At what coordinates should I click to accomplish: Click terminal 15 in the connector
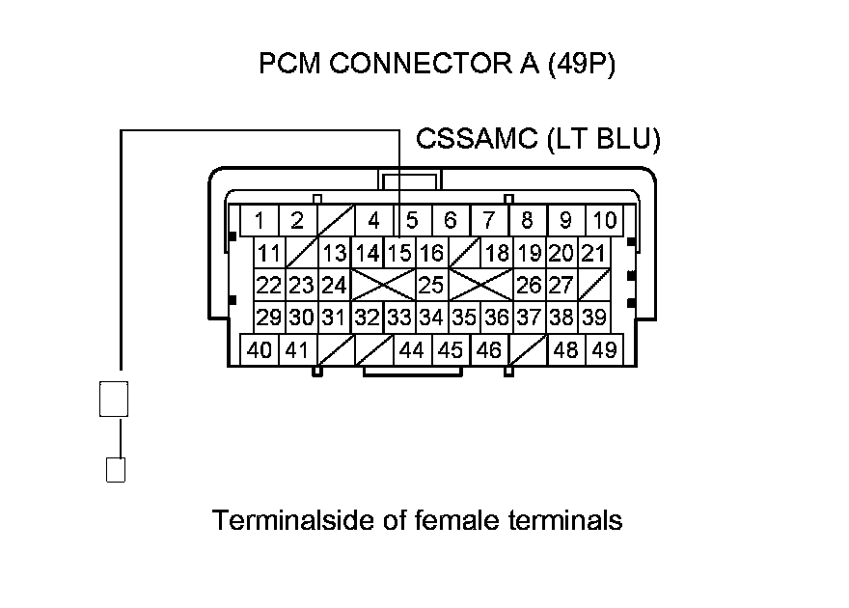(399, 255)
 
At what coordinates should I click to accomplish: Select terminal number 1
(259, 221)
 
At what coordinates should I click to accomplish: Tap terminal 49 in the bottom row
(605, 350)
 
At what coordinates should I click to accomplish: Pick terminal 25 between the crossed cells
(430, 286)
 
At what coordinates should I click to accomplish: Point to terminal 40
(259, 350)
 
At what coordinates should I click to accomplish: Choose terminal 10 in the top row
(604, 221)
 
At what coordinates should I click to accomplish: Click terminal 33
(398, 318)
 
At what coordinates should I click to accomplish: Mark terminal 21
(593, 255)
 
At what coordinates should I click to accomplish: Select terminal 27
(561, 286)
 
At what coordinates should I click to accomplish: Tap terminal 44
(412, 350)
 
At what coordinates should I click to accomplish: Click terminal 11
(270, 255)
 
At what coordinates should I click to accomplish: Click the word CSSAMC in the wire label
(476, 140)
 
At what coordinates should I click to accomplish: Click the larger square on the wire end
(114, 398)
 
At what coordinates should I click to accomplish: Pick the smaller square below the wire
(115, 470)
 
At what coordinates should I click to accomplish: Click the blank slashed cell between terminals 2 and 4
(335, 221)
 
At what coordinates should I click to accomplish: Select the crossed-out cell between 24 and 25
(382, 286)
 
